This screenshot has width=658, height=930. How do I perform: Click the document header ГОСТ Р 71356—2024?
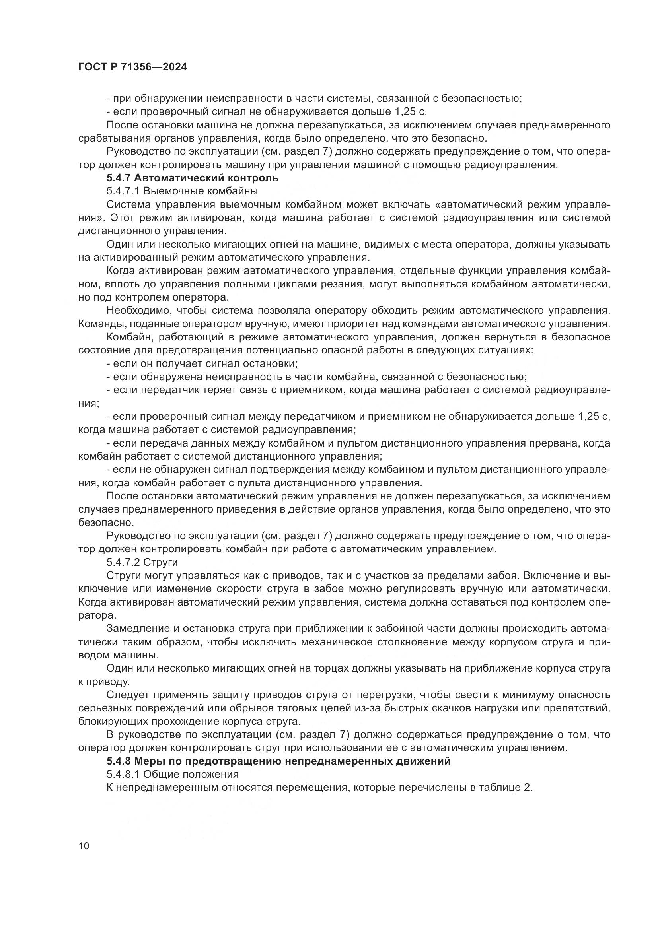[x=132, y=67]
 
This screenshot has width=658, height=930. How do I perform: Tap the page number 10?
[x=84, y=846]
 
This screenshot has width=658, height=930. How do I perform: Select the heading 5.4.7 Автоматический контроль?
[x=193, y=178]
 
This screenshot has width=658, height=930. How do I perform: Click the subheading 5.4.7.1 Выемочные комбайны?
[x=182, y=191]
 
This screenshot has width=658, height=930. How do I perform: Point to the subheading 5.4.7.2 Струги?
[x=142, y=562]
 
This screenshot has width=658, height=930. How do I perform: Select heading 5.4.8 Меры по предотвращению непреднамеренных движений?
[x=278, y=761]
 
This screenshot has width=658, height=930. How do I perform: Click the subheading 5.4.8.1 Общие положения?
[x=172, y=774]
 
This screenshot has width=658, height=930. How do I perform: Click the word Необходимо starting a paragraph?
[x=134, y=311]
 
